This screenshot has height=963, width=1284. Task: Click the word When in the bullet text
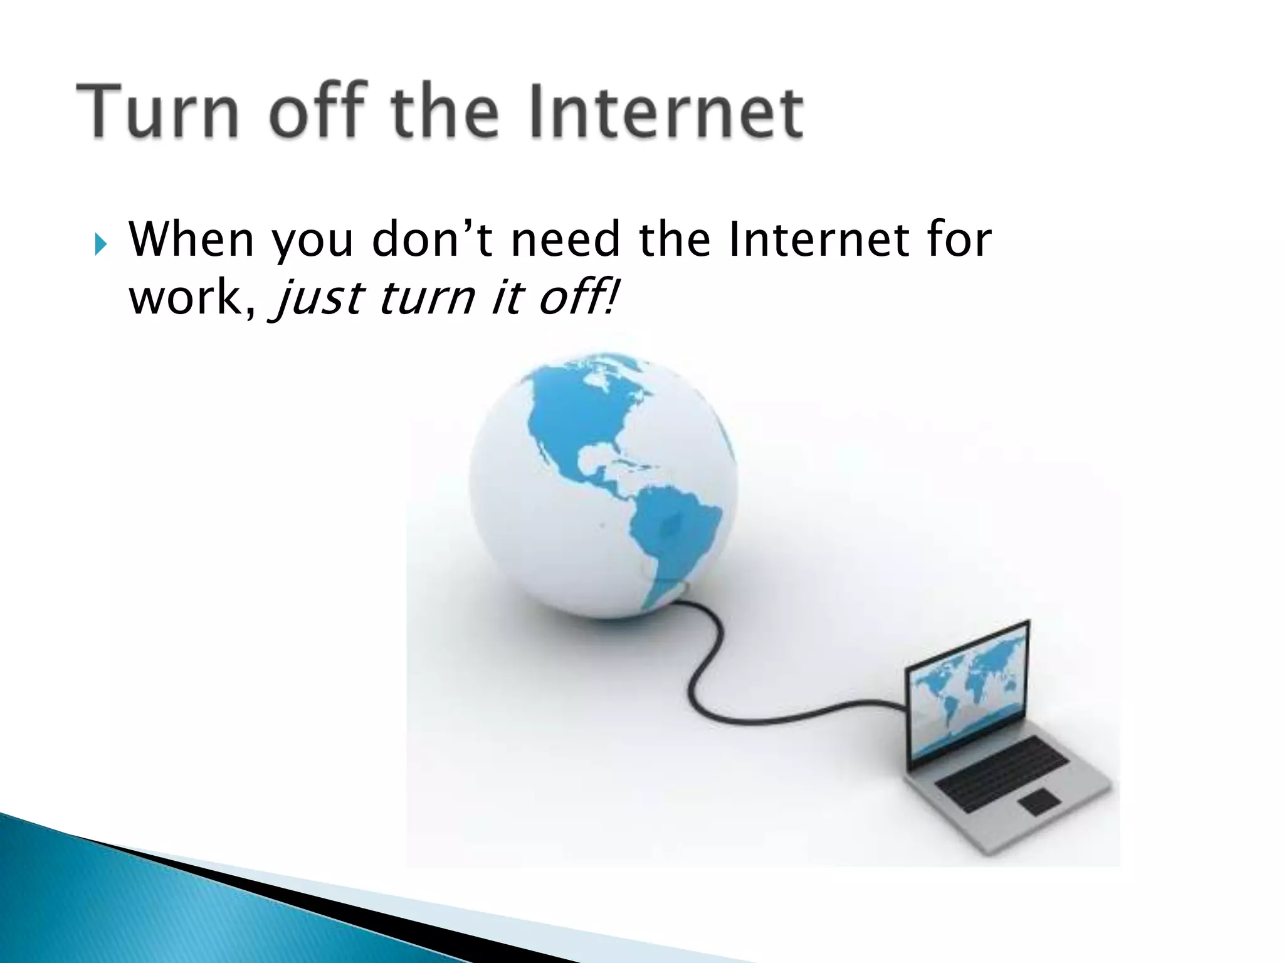click(191, 240)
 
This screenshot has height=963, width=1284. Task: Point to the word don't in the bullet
click(433, 240)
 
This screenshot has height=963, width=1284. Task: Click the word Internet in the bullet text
click(819, 240)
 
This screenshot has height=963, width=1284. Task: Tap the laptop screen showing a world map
click(969, 696)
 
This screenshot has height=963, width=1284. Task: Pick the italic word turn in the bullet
click(426, 298)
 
